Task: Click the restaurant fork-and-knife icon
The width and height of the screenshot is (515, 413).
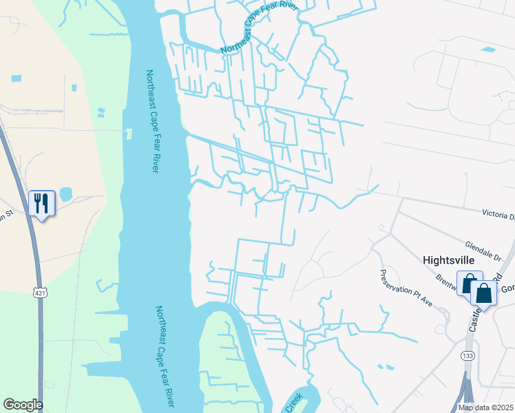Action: (x=41, y=203)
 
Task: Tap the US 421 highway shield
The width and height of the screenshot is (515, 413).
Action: (x=41, y=293)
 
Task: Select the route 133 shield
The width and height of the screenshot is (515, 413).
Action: (x=466, y=356)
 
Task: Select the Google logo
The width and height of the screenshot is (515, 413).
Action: (x=23, y=405)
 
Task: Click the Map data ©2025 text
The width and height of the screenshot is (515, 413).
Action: (x=485, y=407)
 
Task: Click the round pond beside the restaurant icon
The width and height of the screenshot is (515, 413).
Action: (x=65, y=194)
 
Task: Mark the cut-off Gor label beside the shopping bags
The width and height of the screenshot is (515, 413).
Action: (x=507, y=288)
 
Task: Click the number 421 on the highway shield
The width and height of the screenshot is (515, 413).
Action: (x=41, y=293)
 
